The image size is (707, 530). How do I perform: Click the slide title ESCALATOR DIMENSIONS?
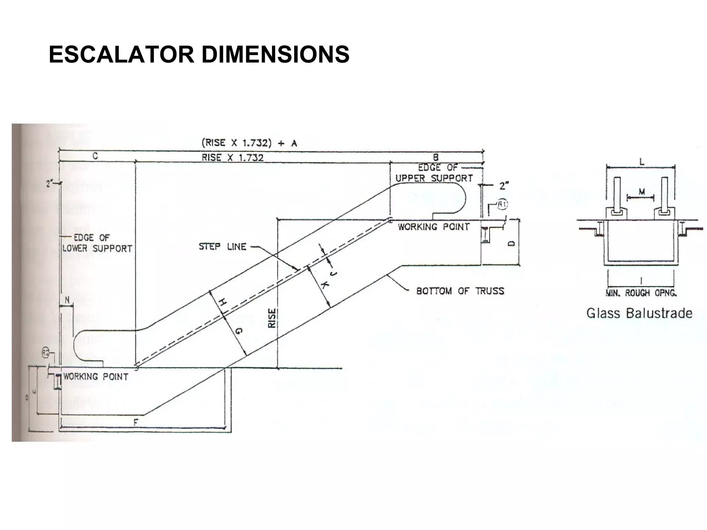pyautogui.click(x=199, y=55)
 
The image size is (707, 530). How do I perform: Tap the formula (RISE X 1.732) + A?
pyautogui.click(x=249, y=143)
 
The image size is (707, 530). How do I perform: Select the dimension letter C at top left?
pyautogui.click(x=95, y=156)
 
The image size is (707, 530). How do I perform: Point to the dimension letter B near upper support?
pyautogui.click(x=436, y=157)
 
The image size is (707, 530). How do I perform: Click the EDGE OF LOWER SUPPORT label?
pyautogui.click(x=97, y=243)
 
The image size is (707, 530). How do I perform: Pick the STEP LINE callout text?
pyautogui.click(x=222, y=247)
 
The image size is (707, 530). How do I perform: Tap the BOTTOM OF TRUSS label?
pyautogui.click(x=460, y=291)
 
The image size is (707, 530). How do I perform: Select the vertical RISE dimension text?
pyautogui.click(x=272, y=318)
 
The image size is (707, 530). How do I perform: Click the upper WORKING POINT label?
pyautogui.click(x=434, y=227)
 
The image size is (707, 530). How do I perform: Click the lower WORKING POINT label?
pyautogui.click(x=96, y=376)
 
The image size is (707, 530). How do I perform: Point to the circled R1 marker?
pyautogui.click(x=502, y=205)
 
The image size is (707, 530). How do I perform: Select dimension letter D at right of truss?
pyautogui.click(x=512, y=243)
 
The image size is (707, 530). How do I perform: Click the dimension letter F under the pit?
pyautogui.click(x=136, y=422)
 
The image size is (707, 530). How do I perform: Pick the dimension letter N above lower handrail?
pyautogui.click(x=67, y=301)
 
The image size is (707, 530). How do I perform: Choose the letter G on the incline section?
pyautogui.click(x=239, y=332)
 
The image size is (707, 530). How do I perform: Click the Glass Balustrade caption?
pyautogui.click(x=639, y=313)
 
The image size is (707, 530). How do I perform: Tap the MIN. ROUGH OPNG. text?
pyautogui.click(x=641, y=293)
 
